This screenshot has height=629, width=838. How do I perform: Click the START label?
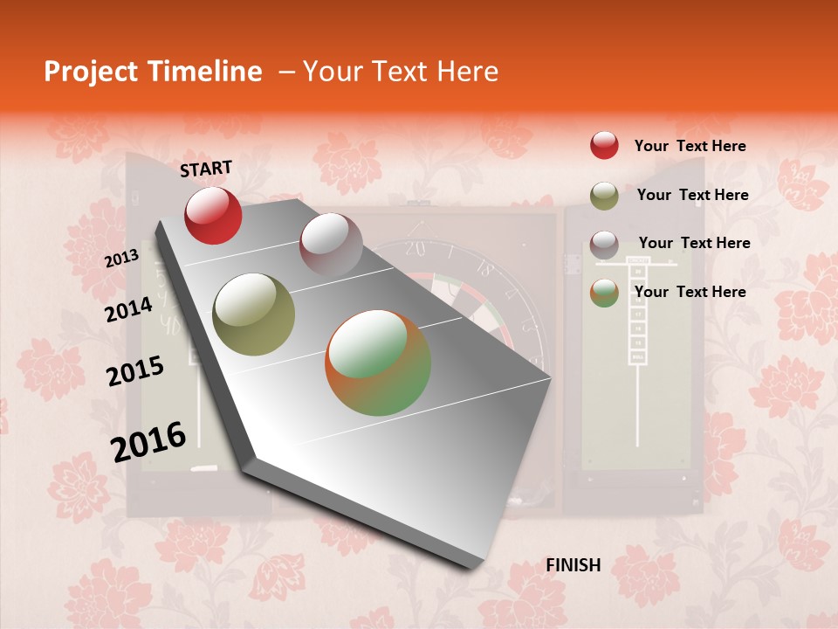(206, 169)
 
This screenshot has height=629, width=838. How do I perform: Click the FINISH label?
(574, 565)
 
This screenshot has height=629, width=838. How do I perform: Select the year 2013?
(121, 259)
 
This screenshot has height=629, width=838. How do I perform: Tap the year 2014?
(129, 310)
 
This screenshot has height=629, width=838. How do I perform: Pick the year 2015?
(135, 371)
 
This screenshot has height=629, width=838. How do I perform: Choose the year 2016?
(148, 442)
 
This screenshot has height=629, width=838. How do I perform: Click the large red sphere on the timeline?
(213, 215)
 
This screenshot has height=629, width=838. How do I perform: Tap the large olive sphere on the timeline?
(254, 314)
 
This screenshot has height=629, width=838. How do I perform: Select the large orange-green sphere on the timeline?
(378, 363)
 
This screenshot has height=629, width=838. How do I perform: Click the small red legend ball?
(604, 145)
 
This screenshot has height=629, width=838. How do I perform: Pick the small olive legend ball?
(604, 195)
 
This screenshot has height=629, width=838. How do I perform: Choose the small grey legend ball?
(604, 244)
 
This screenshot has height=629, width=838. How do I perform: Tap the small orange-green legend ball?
(604, 293)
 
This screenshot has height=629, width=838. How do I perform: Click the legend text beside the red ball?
(690, 146)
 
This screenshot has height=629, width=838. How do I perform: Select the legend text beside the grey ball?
(694, 243)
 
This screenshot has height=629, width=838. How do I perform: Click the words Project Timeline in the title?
(153, 72)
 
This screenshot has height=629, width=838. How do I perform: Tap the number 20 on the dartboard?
(416, 250)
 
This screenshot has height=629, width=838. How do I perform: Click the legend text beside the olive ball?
(692, 195)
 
